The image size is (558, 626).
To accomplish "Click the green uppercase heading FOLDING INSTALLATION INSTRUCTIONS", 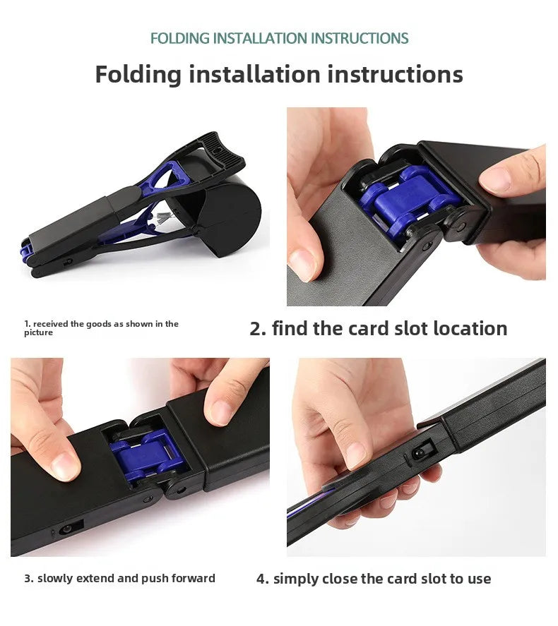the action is (279, 38).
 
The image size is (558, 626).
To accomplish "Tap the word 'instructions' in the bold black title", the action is (395, 74).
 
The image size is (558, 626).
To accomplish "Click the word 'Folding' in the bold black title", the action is (138, 75).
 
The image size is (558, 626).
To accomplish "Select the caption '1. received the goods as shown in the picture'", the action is (101, 327).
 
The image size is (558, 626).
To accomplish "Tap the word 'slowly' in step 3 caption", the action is (55, 579).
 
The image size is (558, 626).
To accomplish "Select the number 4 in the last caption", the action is (261, 579).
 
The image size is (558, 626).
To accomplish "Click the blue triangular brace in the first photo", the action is (169, 178).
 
